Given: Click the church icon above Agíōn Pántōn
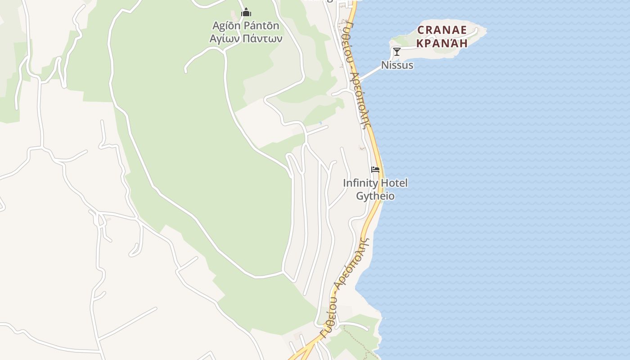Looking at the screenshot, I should click(x=246, y=12).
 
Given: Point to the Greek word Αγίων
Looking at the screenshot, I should click(x=225, y=38).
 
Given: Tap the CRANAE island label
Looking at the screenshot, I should click(x=442, y=30).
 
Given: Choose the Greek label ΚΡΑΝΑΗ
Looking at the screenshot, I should click(x=442, y=43).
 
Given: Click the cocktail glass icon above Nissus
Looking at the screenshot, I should click(x=396, y=51).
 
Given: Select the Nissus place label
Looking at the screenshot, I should click(x=397, y=65).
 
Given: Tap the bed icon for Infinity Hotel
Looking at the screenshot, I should click(x=375, y=170).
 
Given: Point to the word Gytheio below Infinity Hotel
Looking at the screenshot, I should click(x=375, y=196).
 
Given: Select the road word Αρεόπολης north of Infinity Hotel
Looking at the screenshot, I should click(x=360, y=101).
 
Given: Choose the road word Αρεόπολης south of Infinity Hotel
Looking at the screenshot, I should click(x=352, y=263).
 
